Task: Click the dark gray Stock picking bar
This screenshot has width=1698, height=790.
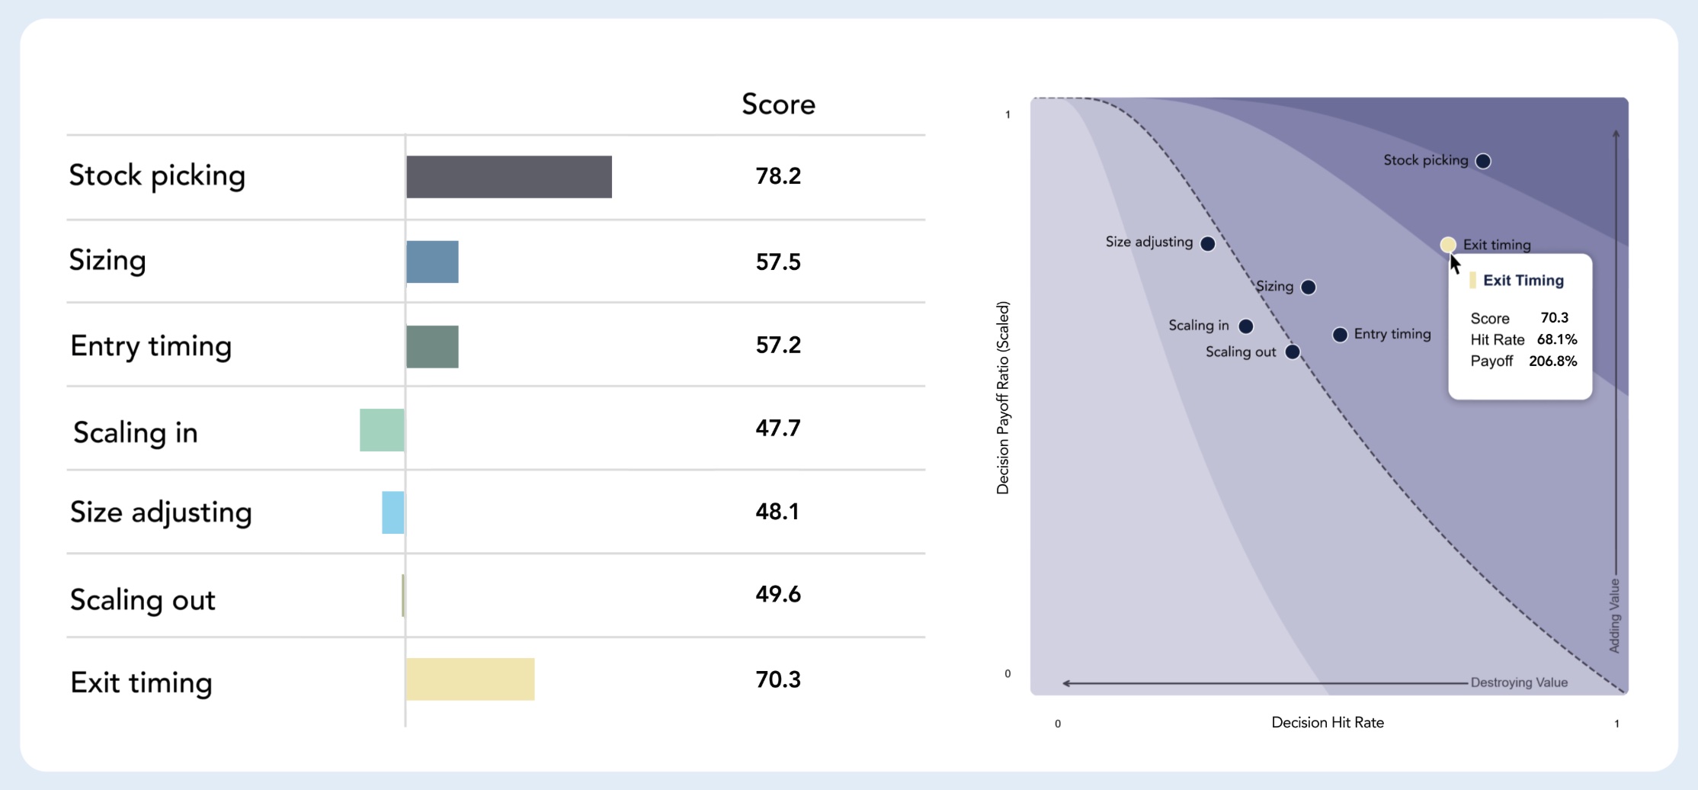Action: point(508,177)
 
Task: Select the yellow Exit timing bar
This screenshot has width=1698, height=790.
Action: point(470,679)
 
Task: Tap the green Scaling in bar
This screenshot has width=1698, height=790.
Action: point(382,430)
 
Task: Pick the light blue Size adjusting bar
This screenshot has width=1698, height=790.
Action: point(392,512)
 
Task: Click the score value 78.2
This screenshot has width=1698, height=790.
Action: point(777,176)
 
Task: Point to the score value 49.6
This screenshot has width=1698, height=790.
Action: point(777,594)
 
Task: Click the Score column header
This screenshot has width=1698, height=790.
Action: point(778,104)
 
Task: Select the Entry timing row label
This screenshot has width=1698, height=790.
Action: point(151,346)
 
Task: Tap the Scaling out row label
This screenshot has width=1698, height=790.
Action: point(143,600)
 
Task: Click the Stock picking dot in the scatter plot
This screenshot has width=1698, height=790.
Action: point(1482,161)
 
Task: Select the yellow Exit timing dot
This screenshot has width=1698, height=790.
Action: point(1447,245)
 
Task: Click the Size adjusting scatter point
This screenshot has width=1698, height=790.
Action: point(1207,243)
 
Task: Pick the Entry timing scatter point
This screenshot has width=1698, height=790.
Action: point(1339,335)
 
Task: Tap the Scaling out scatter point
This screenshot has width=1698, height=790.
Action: point(1292,352)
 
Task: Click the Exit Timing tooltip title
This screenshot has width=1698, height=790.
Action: point(1523,281)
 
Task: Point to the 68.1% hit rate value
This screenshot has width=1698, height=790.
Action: point(1556,339)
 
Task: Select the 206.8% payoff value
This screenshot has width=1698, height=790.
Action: point(1552,361)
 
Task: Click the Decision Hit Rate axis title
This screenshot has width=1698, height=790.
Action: point(1327,722)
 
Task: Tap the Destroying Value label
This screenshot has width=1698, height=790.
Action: point(1518,682)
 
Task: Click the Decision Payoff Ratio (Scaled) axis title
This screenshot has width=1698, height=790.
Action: point(1003,397)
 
